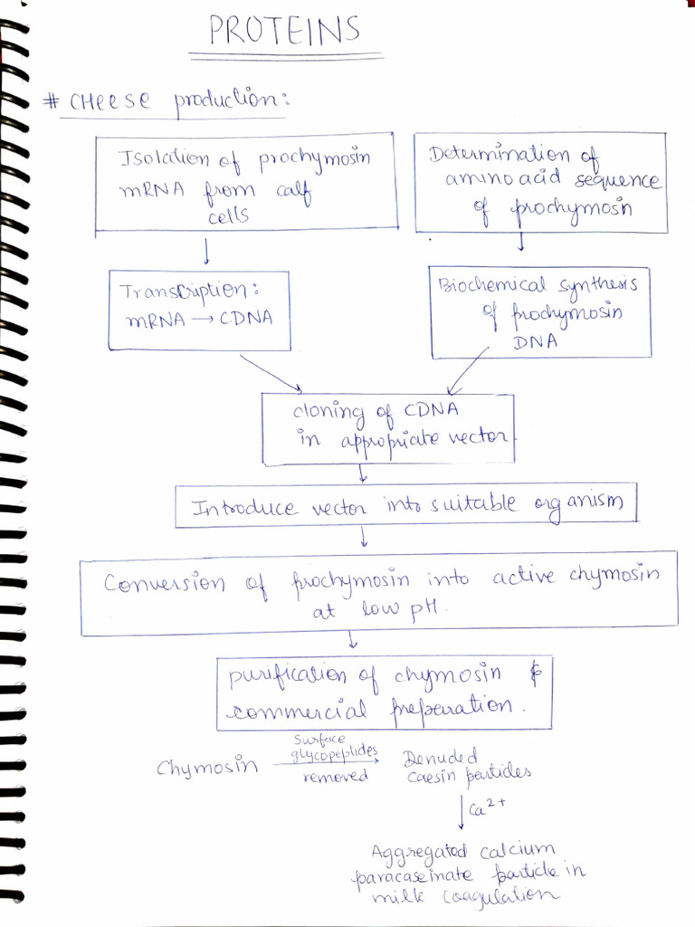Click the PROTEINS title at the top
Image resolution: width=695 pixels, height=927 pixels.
(x=284, y=32)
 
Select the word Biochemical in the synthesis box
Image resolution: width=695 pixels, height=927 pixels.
(x=493, y=286)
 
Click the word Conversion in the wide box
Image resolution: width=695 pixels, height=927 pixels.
(x=164, y=582)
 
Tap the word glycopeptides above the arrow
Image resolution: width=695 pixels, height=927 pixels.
(x=334, y=754)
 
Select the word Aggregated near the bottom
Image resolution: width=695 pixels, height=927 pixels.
(x=418, y=853)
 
